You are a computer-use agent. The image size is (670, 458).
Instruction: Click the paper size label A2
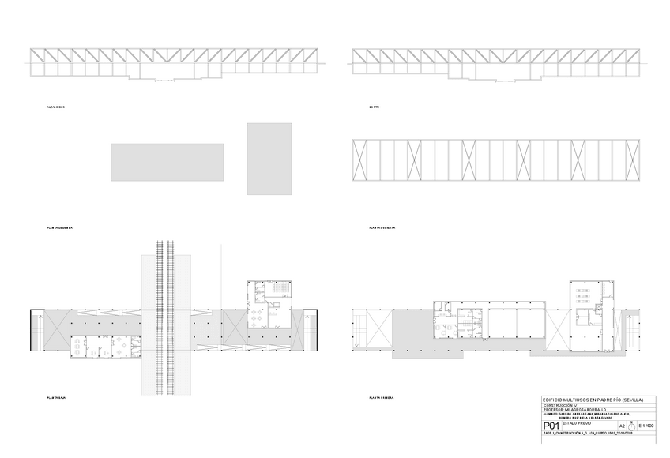tap(621, 426)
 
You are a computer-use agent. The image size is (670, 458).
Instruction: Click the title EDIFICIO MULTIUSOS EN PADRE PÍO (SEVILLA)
tap(599, 400)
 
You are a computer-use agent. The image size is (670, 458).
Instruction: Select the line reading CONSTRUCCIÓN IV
tap(559, 406)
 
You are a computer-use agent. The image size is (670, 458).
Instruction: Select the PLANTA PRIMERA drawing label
tap(382, 397)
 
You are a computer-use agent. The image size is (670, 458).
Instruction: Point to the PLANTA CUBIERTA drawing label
tap(382, 227)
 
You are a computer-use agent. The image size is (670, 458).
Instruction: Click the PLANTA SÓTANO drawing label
tap(59, 227)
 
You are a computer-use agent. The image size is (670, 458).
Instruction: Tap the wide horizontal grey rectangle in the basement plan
tap(167, 161)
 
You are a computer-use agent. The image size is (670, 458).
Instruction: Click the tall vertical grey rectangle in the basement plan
tap(269, 158)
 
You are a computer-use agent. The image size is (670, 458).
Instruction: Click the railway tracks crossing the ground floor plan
tap(165, 316)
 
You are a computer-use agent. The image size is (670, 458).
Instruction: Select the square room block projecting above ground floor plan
tap(269, 304)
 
